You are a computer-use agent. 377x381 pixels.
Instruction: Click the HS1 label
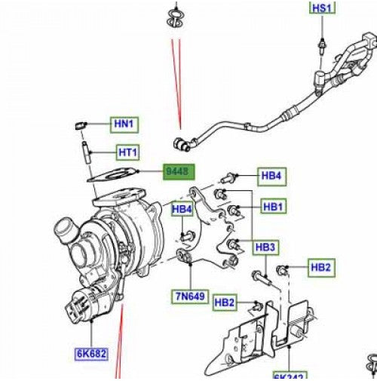[321, 8]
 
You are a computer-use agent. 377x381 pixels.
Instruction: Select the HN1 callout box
[123, 124]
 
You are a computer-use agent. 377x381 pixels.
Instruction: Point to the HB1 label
[272, 206]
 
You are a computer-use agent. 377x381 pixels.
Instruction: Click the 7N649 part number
[189, 297]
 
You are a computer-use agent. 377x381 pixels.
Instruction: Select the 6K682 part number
[90, 352]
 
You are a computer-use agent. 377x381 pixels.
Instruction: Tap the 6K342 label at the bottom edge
[290, 376]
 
